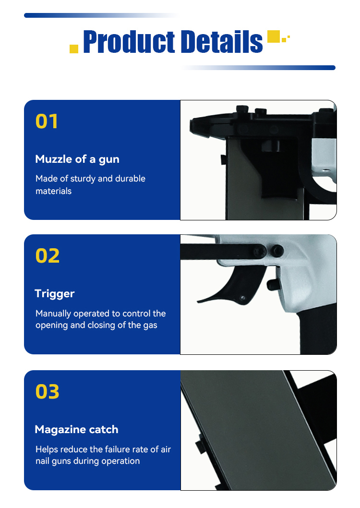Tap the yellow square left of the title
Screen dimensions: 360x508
[74, 48]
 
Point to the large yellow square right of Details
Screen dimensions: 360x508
[273, 36]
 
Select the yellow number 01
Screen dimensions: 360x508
[47, 121]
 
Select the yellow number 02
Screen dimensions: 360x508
[47, 255]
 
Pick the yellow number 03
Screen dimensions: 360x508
[47, 391]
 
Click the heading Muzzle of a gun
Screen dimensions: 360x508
[77, 159]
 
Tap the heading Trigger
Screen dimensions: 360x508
[55, 294]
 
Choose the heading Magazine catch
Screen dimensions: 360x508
[76, 429]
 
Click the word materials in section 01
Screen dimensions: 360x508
[53, 191]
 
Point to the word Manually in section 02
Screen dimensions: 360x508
[53, 314]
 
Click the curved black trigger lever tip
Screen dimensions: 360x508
[198, 302]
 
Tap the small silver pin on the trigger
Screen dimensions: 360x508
[242, 298]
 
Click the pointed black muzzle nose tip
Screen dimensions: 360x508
[191, 126]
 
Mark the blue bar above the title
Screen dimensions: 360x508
[101, 15]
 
